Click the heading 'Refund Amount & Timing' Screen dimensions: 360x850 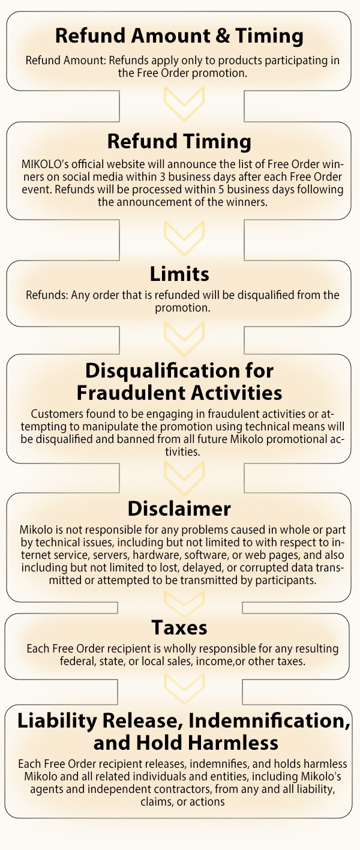click(x=179, y=36)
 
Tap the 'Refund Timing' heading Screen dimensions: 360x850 click(x=179, y=142)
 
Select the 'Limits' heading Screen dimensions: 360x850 click(x=179, y=274)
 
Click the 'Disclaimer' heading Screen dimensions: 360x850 click(x=179, y=508)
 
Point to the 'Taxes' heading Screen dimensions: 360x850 click(x=179, y=627)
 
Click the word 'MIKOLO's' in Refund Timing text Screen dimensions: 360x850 click(x=45, y=164)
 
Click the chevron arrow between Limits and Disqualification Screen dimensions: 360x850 click(x=184, y=339)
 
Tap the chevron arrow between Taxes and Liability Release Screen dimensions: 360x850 click(x=184, y=687)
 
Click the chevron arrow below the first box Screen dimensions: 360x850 click(x=184, y=103)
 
